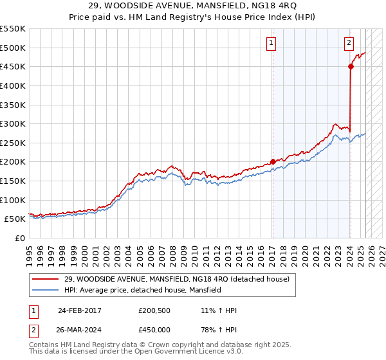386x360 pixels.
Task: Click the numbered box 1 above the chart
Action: pos(271,43)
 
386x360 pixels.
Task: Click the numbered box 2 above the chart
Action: pos(349,43)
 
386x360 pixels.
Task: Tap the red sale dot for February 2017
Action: pos(273,161)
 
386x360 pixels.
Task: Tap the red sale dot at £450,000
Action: pos(351,66)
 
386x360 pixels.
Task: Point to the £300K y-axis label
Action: pos(13,123)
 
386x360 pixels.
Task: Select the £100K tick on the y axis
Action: pos(13,200)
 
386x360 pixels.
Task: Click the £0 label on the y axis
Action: pos(20,238)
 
